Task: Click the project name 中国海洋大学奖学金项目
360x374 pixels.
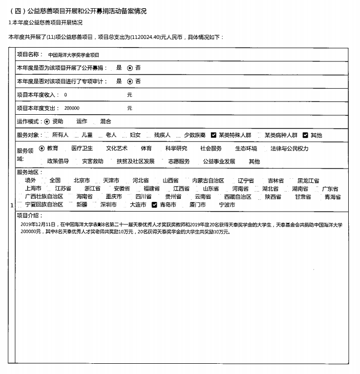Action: [73, 54]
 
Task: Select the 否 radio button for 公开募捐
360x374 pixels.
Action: [130, 68]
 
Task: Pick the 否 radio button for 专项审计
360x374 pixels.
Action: [130, 81]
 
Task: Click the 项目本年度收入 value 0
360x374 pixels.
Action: [66, 95]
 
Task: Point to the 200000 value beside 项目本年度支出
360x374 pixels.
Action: [72, 108]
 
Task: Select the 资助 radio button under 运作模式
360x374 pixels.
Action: [47, 121]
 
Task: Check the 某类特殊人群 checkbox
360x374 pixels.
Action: [214, 135]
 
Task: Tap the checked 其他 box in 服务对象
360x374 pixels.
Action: [305, 135]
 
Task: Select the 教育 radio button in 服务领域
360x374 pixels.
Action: [42, 149]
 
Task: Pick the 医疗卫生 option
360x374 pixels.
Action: [82, 149]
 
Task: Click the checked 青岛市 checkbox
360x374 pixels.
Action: [155, 204]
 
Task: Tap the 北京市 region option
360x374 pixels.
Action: [81, 181]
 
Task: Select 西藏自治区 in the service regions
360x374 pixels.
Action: [238, 197]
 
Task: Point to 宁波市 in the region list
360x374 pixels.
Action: [227, 205]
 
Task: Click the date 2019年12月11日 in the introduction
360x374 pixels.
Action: [39, 224]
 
